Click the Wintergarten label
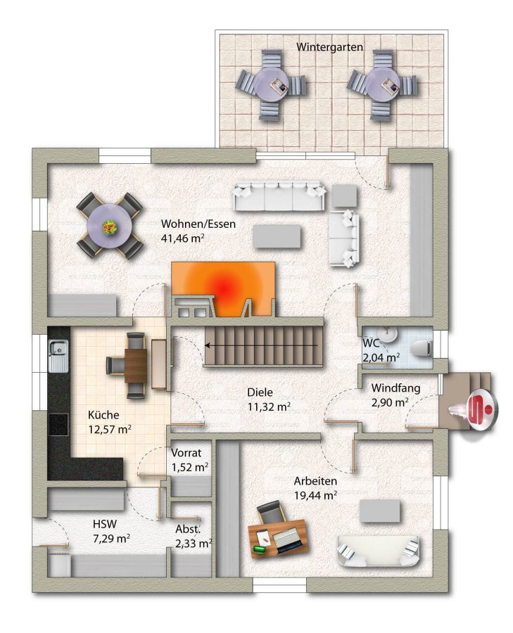[x=329, y=47]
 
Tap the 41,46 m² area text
[x=182, y=238]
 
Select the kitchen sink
[x=58, y=355]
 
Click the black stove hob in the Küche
[x=58, y=425]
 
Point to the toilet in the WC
[x=423, y=347]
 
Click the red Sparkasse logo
[x=482, y=409]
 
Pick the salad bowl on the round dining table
[x=110, y=227]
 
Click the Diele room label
[x=260, y=392]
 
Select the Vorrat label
[x=186, y=453]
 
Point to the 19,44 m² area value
[x=315, y=495]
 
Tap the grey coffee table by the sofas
[x=277, y=236]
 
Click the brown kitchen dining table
[x=136, y=365]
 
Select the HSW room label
[x=105, y=524]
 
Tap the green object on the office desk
[x=259, y=549]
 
